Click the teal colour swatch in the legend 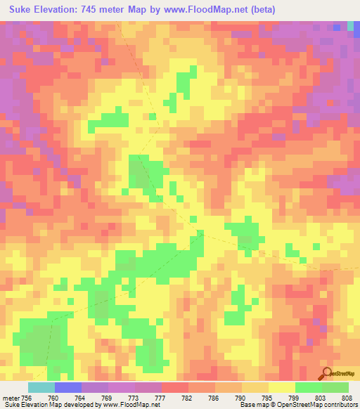(x=41, y=387)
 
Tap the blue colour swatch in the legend (x=68, y=387)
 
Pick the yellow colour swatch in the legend (x=282, y=387)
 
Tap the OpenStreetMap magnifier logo (x=326, y=374)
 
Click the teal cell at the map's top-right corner (x=350, y=26)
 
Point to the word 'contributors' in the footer (x=340, y=405)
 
